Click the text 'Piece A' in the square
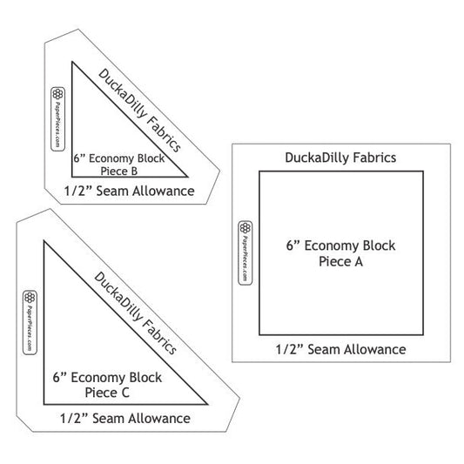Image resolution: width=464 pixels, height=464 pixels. point(340,261)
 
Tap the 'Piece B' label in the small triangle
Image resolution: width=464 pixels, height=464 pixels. point(119,171)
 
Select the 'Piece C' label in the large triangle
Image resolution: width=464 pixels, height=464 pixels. point(107,393)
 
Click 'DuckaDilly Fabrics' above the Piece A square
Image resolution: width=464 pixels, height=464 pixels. point(340,158)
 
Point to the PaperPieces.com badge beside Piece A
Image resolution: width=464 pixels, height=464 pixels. point(245,253)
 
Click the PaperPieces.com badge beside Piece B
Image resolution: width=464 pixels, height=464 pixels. point(57,119)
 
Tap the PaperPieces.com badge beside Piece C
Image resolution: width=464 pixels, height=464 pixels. point(30,322)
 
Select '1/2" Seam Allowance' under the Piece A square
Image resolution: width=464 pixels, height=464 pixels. point(340,349)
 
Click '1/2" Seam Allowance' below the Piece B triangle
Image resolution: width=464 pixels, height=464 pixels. point(130,191)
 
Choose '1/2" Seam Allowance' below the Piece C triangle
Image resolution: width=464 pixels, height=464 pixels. point(125,419)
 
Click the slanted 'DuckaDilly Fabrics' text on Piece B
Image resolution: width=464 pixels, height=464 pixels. point(139,111)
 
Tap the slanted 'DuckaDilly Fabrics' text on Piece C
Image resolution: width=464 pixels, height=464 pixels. point(136,313)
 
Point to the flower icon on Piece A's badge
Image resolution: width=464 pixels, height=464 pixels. point(245,228)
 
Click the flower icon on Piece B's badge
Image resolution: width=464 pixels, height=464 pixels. point(57,94)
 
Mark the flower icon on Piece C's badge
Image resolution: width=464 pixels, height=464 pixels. point(30,298)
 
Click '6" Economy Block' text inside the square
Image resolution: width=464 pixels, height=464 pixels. point(340,245)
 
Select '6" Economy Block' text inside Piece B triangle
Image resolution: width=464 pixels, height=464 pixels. point(119,158)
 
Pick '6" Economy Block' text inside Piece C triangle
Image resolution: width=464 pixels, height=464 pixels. point(107,378)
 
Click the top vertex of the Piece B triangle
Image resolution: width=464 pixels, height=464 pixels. point(72,62)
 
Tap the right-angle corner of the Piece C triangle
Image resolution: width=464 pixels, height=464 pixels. point(44,404)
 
